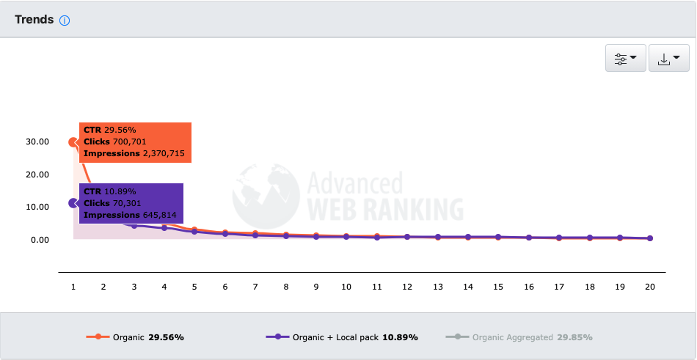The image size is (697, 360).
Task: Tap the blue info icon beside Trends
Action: pyautogui.click(x=65, y=21)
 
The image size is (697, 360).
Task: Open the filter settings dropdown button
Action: pyautogui.click(x=625, y=59)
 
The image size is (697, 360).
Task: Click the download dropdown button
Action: pyautogui.click(x=668, y=59)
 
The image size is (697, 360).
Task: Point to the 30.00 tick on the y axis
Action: pyautogui.click(x=37, y=142)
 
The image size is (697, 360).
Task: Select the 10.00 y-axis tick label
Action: pyautogui.click(x=37, y=207)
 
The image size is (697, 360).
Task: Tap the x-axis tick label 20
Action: pyautogui.click(x=649, y=287)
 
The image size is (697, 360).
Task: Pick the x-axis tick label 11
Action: pyautogui.click(x=376, y=287)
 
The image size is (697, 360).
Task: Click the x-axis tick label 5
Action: pyautogui.click(x=194, y=287)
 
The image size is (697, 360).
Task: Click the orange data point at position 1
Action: pyautogui.click(x=73, y=142)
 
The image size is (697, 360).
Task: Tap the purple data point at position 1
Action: pyautogui.click(x=73, y=203)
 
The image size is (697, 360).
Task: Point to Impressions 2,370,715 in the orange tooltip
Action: pyautogui.click(x=134, y=154)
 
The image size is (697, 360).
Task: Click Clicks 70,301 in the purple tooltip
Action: pyautogui.click(x=112, y=203)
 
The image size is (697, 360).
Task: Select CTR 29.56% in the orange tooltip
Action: pyautogui.click(x=109, y=130)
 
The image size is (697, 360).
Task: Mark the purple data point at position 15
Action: pyautogui.click(x=498, y=237)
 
